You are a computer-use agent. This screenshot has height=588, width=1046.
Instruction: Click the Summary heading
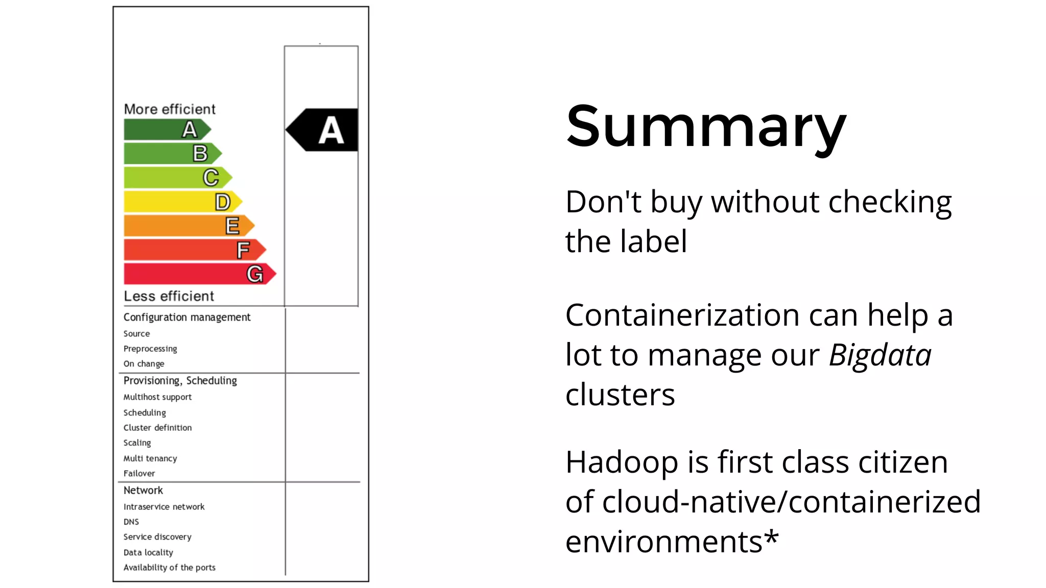click(x=706, y=127)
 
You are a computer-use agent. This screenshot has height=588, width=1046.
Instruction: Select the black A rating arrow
click(x=323, y=130)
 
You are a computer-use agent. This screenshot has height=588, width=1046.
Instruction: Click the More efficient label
click(x=170, y=109)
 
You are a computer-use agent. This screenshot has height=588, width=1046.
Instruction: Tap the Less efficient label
click(x=169, y=296)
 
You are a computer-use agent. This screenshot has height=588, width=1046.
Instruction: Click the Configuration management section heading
click(x=187, y=317)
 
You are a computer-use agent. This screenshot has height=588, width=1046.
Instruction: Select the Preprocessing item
click(x=150, y=349)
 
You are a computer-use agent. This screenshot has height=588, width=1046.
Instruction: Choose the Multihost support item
click(x=157, y=397)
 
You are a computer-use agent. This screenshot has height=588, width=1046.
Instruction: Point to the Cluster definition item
click(x=157, y=428)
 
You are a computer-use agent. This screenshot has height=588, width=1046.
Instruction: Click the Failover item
click(x=139, y=473)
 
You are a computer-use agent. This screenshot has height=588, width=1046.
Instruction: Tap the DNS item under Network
click(x=131, y=522)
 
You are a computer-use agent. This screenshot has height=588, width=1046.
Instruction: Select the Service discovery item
click(x=157, y=537)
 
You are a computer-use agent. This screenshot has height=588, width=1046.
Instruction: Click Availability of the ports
click(x=169, y=567)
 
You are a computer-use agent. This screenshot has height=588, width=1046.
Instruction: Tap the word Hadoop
click(x=622, y=462)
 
